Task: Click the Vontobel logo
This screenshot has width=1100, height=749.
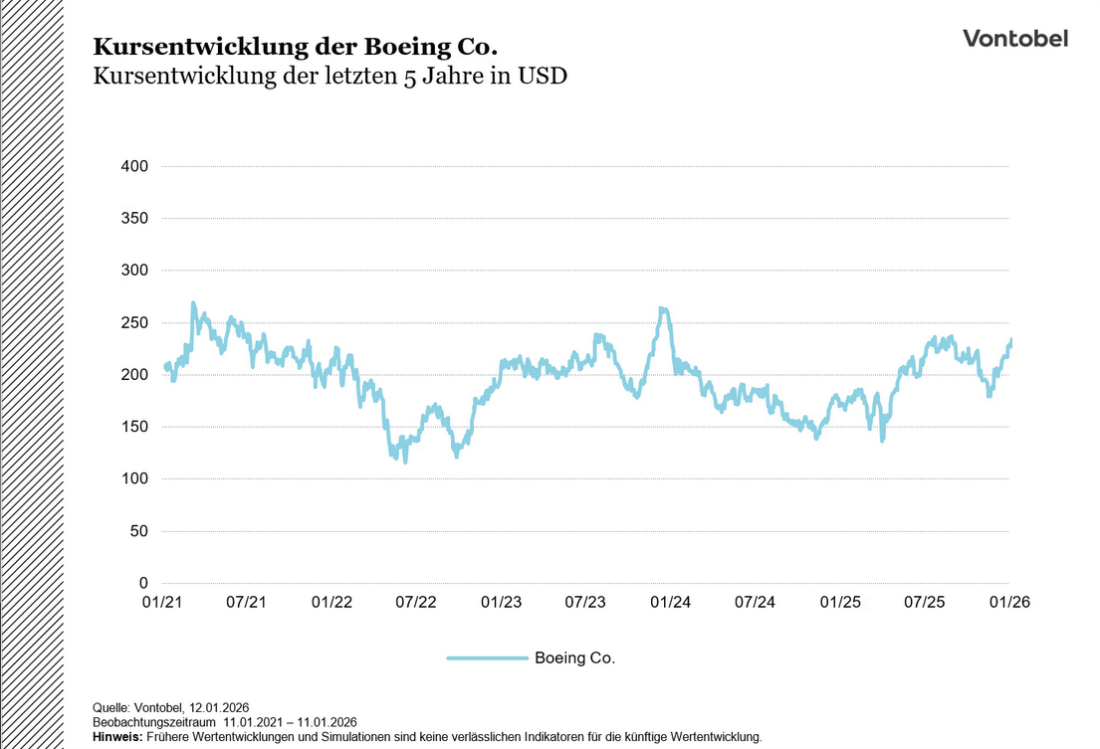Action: coord(1014,39)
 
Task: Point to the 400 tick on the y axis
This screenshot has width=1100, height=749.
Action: coord(134,166)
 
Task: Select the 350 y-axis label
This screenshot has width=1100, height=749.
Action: coord(134,218)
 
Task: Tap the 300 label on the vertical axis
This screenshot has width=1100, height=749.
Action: coord(134,271)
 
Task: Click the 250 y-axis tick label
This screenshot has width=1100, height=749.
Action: coord(134,322)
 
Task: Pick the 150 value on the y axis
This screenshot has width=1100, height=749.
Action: coord(134,427)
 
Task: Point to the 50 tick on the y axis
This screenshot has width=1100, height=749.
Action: coord(138,531)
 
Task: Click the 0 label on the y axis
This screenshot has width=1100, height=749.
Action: coord(143,583)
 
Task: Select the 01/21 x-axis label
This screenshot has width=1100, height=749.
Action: coord(161,603)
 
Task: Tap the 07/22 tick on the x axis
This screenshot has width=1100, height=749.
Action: coord(416,603)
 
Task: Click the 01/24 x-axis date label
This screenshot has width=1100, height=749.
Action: coord(671,603)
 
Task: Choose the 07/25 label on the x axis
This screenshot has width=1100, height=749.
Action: coord(925,603)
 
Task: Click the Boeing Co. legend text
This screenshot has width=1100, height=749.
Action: coord(574,658)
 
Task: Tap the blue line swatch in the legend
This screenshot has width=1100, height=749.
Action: coord(487,658)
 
